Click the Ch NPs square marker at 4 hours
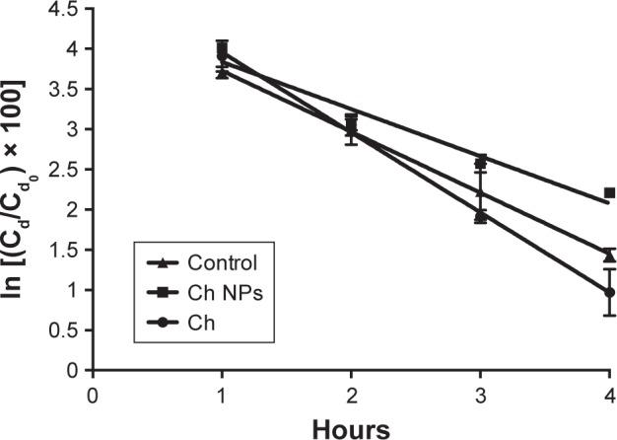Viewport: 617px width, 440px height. point(609,193)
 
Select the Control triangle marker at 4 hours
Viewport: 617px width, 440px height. point(609,256)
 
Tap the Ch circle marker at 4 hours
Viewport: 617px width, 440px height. point(609,292)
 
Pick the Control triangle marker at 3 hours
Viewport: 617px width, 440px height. point(480,215)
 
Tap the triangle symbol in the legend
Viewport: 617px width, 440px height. point(162,263)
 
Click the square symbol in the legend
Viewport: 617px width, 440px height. point(162,292)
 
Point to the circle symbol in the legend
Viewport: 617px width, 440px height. point(162,321)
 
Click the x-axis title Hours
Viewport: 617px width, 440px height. point(351,427)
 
